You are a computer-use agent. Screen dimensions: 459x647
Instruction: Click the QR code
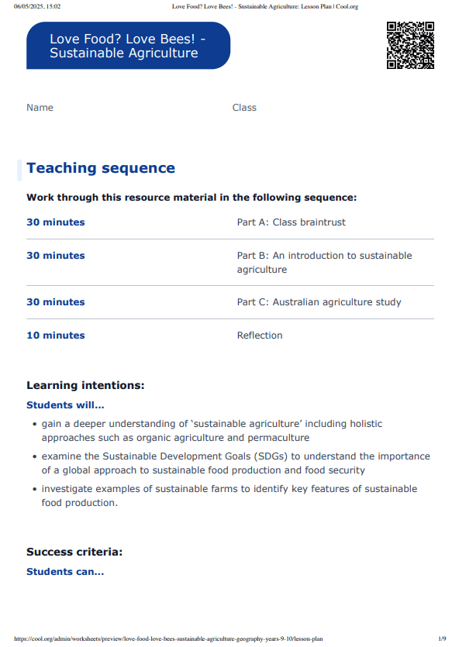pyautogui.click(x=410, y=46)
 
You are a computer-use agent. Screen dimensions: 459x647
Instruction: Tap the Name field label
pyautogui.click(x=40, y=108)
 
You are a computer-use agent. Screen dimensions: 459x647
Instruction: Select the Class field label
pyautogui.click(x=244, y=108)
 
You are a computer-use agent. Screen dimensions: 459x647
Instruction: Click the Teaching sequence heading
pyautogui.click(x=101, y=168)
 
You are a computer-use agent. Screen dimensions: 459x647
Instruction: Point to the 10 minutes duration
pyautogui.click(x=56, y=336)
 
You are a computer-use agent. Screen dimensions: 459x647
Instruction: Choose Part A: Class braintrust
pyautogui.click(x=291, y=222)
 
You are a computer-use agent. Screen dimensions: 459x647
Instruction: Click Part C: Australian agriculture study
pyautogui.click(x=319, y=302)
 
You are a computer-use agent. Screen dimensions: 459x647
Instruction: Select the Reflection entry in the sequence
pyautogui.click(x=260, y=336)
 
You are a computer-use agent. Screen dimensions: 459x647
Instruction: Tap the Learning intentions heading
pyautogui.click(x=85, y=385)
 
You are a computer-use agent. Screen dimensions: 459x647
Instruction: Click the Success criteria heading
pyautogui.click(x=74, y=552)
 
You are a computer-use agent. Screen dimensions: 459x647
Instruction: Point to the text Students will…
pyautogui.click(x=65, y=404)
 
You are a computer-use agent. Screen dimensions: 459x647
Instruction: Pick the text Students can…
pyautogui.click(x=65, y=572)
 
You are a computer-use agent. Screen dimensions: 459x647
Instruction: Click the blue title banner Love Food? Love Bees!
pyautogui.click(x=128, y=46)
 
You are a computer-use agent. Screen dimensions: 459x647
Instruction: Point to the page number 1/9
pyautogui.click(x=442, y=639)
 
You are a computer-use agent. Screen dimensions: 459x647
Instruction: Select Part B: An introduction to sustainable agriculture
pyautogui.click(x=324, y=263)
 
